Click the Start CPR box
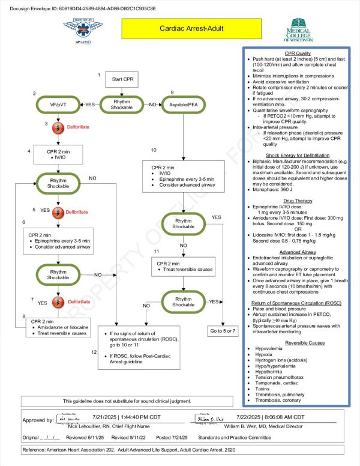tap(121, 80)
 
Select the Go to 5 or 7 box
tap(224, 331)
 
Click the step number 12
tap(94, 351)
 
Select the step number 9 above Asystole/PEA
tap(172, 92)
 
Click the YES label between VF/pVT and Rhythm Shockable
tap(90, 104)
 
